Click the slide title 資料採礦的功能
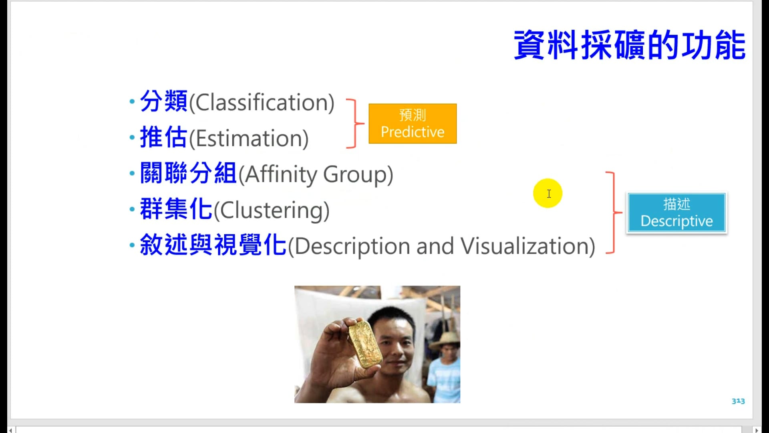pos(629,45)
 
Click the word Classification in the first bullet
pos(262,103)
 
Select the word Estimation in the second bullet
pos(248,139)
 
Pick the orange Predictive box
pos(413,123)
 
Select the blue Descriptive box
pos(676,213)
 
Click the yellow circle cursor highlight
pos(548,193)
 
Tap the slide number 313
pos(738,401)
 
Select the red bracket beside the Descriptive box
pos(613,212)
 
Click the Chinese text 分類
pos(164,101)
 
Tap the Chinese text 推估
pos(164,137)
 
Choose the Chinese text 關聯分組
pos(188,173)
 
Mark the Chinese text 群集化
pos(176,209)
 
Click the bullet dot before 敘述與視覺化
pos(132,245)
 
